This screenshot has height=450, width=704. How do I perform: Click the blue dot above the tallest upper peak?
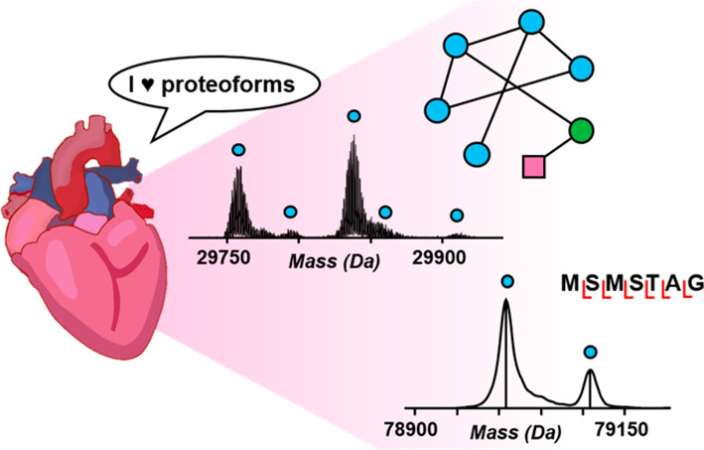click(x=353, y=116)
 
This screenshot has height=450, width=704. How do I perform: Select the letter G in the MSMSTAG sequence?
click(x=695, y=285)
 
